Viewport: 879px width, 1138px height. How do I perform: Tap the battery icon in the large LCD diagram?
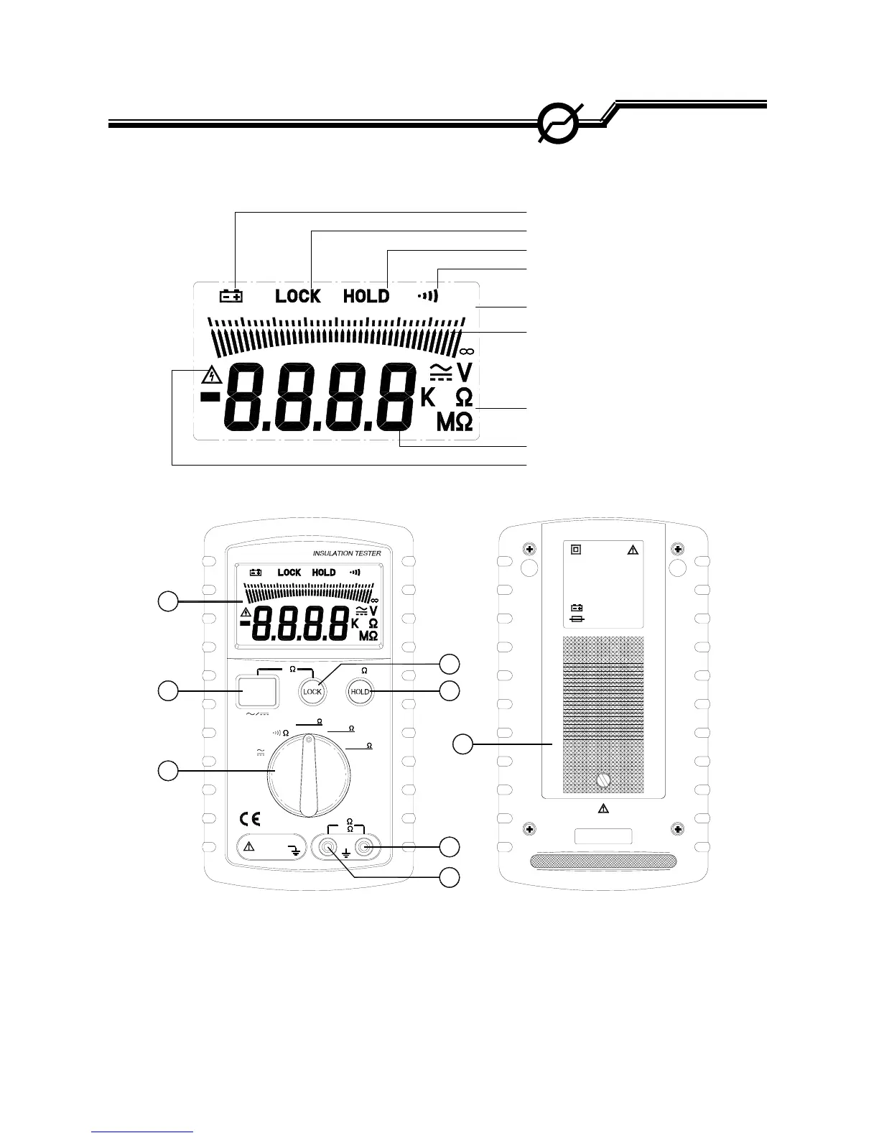(x=231, y=295)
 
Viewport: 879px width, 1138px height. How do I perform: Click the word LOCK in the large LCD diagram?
(x=298, y=295)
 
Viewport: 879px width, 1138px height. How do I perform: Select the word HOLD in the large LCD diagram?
(x=366, y=295)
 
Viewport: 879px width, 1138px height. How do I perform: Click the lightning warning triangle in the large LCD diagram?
(x=210, y=375)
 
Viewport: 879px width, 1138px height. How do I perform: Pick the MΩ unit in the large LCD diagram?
(x=455, y=424)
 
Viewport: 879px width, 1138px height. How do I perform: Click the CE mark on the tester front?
(x=250, y=818)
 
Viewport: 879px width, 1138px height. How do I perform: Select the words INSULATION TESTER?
(x=347, y=553)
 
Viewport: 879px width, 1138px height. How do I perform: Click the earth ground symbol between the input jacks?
(x=346, y=855)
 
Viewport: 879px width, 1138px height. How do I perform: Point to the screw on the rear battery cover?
(x=603, y=780)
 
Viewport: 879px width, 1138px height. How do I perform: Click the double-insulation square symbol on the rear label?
(x=576, y=550)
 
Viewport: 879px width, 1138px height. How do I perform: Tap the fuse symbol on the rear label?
(x=576, y=618)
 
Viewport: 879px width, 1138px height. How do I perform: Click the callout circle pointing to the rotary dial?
(x=167, y=771)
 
